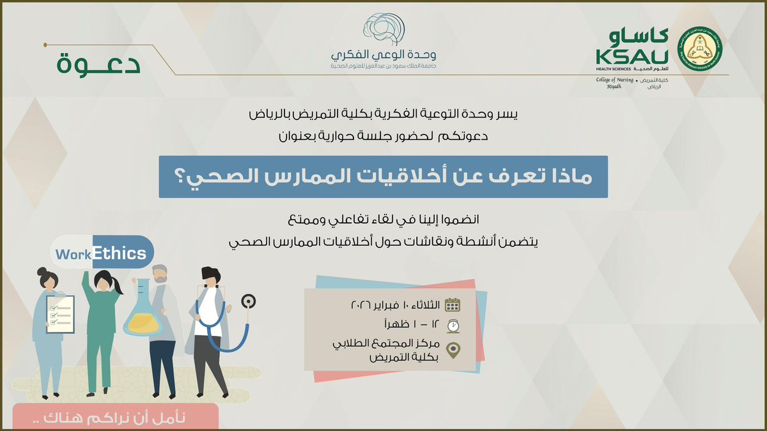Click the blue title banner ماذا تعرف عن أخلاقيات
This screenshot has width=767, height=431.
pos(383,177)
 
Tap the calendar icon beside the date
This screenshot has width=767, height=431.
pos(453,305)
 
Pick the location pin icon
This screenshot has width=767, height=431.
pos(453,351)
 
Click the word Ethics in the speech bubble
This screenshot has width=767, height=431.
pos(120,253)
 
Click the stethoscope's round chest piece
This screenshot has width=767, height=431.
pos(249,299)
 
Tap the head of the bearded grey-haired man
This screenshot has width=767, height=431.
pos(161,276)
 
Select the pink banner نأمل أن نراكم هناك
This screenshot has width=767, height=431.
pos(115,419)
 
